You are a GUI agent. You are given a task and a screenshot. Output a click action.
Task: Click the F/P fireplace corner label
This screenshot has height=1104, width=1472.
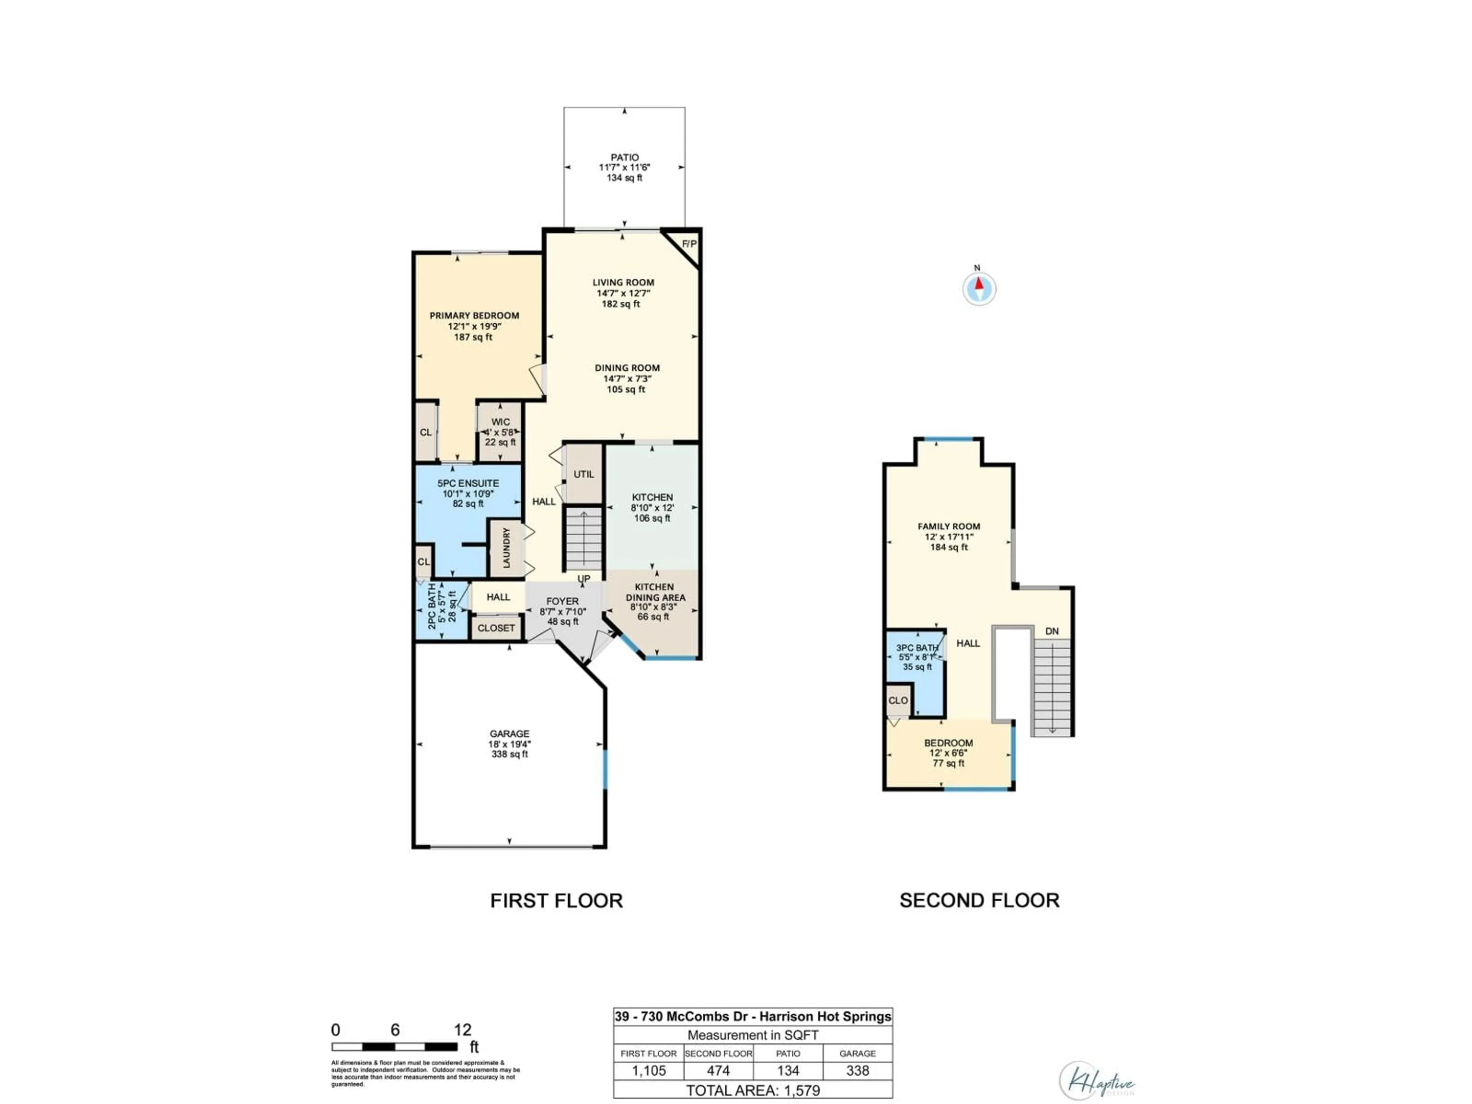(x=689, y=244)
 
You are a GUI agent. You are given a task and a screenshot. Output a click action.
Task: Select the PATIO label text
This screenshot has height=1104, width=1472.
(x=624, y=158)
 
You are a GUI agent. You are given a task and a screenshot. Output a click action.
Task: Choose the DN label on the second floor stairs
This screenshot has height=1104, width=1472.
(x=1051, y=631)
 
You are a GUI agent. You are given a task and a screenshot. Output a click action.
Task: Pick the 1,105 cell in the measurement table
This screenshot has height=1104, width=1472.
(x=649, y=1071)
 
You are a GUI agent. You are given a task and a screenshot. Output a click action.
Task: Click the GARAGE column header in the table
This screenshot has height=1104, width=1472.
(x=857, y=1053)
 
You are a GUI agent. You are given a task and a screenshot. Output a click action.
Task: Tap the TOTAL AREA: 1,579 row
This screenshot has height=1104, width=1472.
(x=752, y=1090)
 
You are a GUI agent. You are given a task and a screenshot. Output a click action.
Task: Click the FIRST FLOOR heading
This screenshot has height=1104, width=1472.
(x=556, y=901)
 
